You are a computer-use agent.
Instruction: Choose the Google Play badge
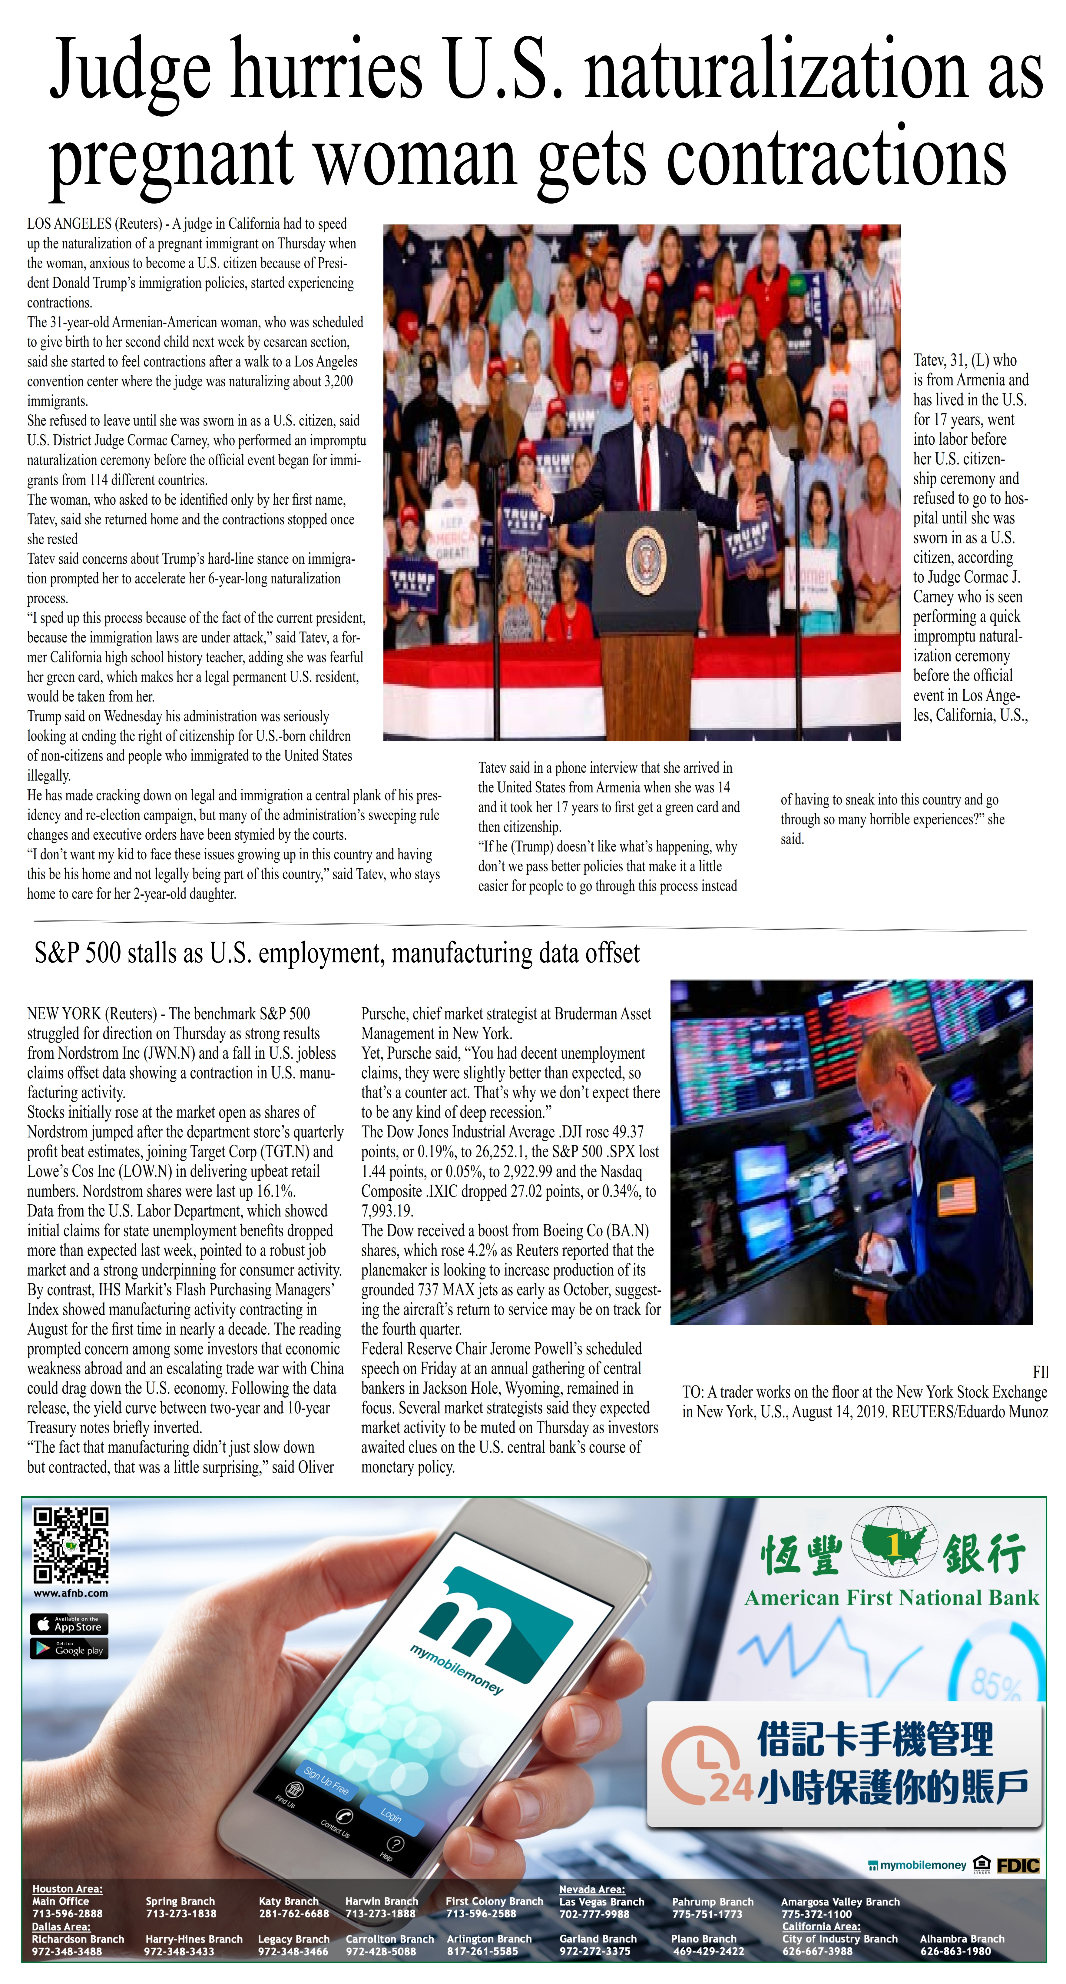[69, 1649]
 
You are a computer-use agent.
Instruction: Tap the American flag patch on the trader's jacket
[956, 1196]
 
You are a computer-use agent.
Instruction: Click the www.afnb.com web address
[71, 1593]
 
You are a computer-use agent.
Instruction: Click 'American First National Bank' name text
[891, 1598]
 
